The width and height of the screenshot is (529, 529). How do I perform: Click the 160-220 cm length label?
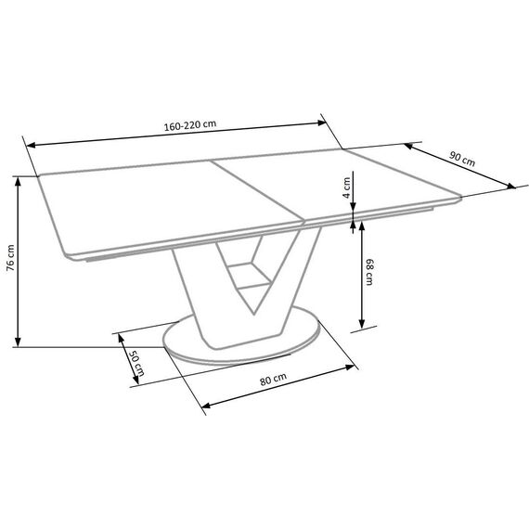tap(190, 125)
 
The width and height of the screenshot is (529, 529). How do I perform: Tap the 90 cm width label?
tap(462, 159)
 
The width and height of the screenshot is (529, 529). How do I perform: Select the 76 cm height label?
tap(10, 258)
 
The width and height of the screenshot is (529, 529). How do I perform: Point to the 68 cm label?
tap(369, 272)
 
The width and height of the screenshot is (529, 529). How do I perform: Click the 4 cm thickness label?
tap(346, 187)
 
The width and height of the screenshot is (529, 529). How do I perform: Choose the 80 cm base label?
tap(273, 379)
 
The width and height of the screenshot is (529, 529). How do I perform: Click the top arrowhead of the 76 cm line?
tap(18, 182)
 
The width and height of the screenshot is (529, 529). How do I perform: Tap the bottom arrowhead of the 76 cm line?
tap(18, 342)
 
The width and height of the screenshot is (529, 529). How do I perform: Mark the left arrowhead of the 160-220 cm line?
tap(31, 146)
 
